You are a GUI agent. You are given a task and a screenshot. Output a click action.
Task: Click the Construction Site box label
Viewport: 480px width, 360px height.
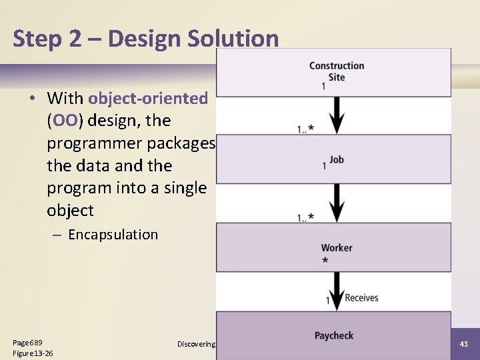(x=337, y=71)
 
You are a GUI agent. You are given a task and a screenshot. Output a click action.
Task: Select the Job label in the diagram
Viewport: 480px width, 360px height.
(x=337, y=160)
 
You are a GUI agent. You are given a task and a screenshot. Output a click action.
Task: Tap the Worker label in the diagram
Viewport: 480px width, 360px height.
(x=337, y=248)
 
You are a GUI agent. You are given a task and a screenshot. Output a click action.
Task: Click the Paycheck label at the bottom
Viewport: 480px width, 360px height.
(x=334, y=335)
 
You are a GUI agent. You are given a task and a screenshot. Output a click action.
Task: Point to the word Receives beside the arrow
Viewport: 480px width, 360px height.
(x=361, y=298)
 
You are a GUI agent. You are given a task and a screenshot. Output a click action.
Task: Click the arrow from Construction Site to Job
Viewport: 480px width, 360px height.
(x=338, y=115)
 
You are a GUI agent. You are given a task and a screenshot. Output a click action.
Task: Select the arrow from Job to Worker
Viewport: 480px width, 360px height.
(x=338, y=202)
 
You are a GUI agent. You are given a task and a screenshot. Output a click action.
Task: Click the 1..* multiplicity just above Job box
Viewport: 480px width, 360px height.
(x=306, y=129)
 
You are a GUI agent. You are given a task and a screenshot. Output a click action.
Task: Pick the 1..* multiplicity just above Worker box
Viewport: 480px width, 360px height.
(x=306, y=217)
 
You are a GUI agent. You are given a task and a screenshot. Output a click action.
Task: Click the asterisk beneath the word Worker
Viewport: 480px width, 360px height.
(x=325, y=261)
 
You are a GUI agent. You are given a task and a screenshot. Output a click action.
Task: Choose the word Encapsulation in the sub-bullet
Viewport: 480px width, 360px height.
(x=113, y=235)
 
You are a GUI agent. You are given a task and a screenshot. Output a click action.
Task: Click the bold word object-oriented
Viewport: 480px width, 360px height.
(x=148, y=99)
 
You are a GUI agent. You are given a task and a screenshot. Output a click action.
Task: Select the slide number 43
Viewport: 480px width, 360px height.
(x=464, y=343)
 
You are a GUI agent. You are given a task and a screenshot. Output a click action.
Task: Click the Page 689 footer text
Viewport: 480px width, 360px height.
(x=28, y=342)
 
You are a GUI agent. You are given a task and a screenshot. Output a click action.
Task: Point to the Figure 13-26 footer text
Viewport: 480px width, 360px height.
(x=33, y=353)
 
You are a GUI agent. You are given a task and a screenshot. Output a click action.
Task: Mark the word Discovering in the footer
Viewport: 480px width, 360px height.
(x=196, y=344)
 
